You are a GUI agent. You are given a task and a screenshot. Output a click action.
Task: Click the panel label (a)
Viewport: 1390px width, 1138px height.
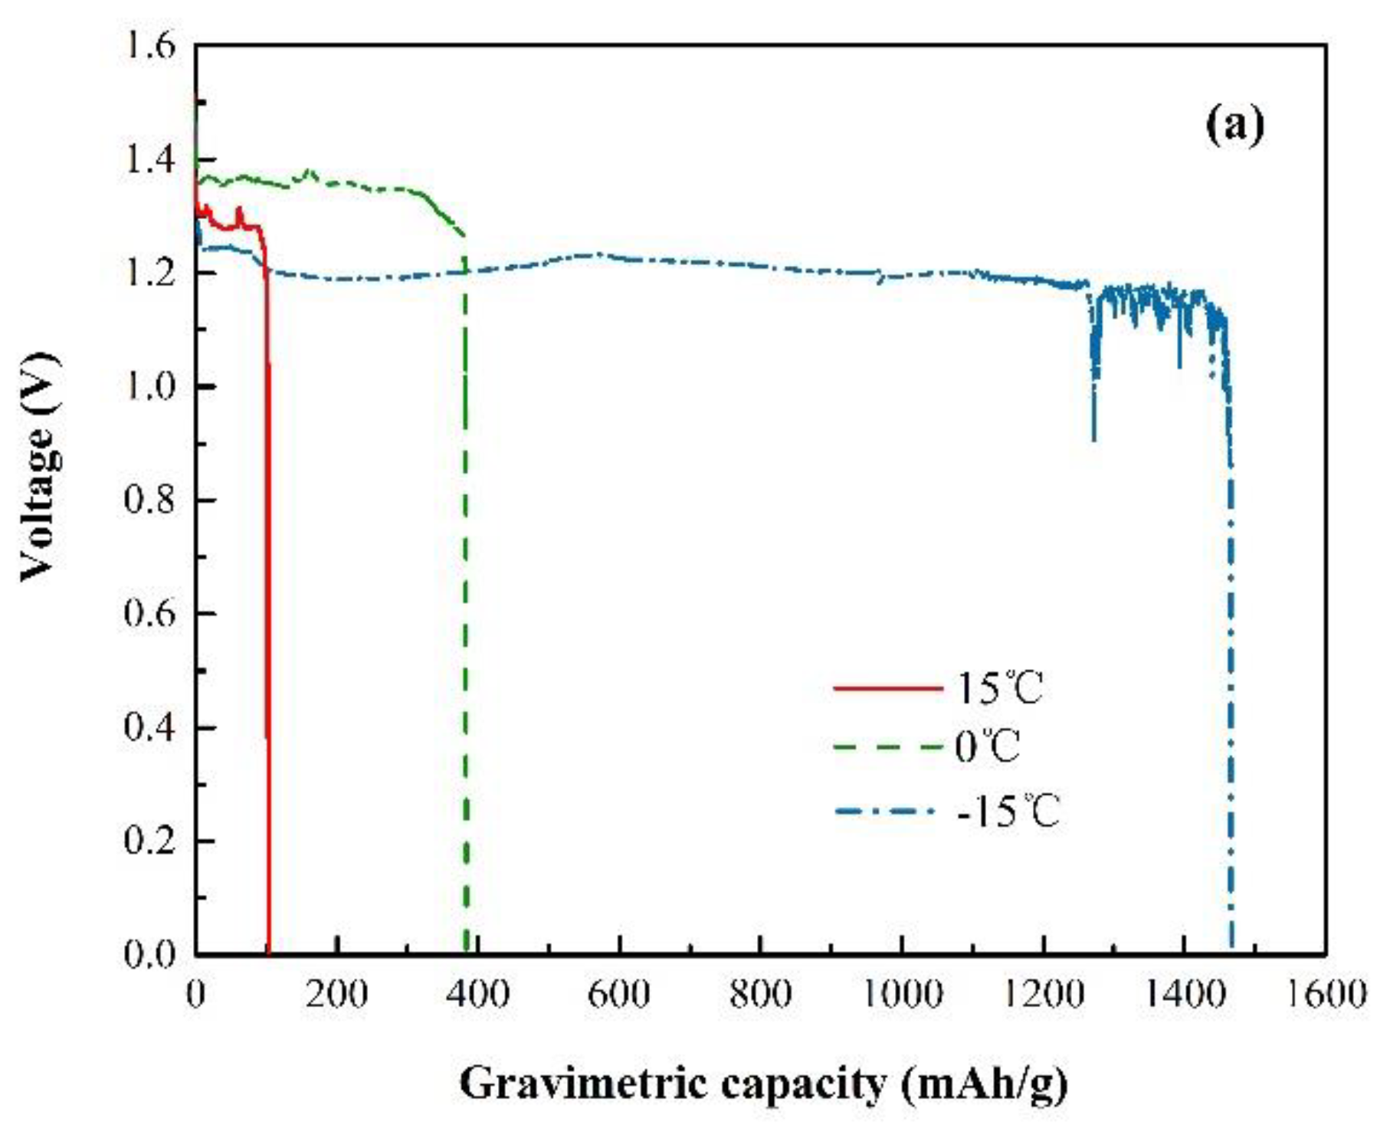tap(1234, 124)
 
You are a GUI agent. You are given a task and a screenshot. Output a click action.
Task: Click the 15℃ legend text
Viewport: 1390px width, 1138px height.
tap(1000, 687)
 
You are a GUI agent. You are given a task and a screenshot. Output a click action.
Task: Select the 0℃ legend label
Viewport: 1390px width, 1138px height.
tap(987, 746)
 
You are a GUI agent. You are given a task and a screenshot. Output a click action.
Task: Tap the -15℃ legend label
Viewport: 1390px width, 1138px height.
tap(1008, 811)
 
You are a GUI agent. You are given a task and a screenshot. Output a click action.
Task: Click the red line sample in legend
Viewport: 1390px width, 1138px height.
tap(887, 688)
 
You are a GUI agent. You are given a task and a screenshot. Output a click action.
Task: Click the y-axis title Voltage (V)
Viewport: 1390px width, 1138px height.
tap(38, 467)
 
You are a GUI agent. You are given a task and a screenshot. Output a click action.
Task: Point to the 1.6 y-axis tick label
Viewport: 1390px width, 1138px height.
tap(150, 47)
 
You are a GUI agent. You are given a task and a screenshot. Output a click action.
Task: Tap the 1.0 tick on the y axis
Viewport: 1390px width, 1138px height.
tap(150, 387)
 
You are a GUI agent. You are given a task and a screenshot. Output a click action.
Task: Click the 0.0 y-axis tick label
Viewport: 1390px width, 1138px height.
tap(150, 955)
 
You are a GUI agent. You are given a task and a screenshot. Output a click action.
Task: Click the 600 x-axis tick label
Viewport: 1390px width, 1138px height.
tap(618, 995)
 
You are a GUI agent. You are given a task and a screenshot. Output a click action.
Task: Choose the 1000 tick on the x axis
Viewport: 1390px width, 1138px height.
tap(902, 995)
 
